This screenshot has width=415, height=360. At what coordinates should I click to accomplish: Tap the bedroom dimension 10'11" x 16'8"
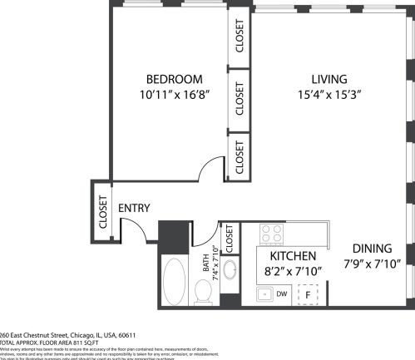tap(173, 95)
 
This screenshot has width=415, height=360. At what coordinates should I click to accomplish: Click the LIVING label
tap(329, 79)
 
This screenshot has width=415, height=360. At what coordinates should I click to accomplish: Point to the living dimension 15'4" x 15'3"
tap(329, 95)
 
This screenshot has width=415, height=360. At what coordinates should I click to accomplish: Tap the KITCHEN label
tap(291, 255)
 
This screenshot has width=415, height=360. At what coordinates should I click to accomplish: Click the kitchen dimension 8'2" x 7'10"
tap(291, 270)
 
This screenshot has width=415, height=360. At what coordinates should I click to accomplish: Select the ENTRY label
tap(134, 208)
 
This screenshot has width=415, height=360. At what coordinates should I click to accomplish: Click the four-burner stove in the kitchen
tap(272, 234)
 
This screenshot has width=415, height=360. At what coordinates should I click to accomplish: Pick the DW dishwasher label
tap(282, 293)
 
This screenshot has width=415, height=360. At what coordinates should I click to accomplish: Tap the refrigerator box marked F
tap(308, 294)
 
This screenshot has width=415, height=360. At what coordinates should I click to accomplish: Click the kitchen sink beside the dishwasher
tap(264, 293)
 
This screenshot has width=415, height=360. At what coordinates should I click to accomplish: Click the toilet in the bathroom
tap(202, 290)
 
